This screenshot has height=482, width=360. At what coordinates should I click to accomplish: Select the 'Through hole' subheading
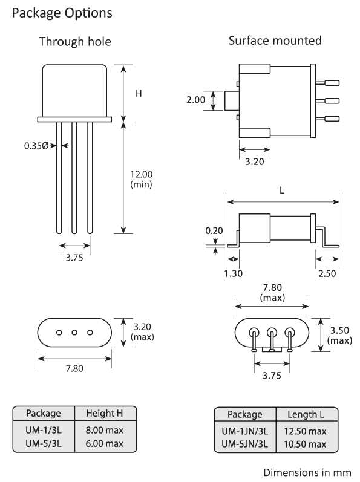[x=75, y=42]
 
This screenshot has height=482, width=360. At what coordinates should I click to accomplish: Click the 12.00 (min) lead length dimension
[x=141, y=180]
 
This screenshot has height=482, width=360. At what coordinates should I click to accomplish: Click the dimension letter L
[x=283, y=189]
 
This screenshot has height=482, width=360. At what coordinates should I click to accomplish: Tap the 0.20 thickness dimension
[x=214, y=230]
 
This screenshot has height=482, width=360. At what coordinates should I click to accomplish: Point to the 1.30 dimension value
[x=233, y=274]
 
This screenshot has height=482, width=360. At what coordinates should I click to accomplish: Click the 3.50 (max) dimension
[x=339, y=337]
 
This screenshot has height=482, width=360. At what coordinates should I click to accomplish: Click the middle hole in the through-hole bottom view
[x=75, y=332]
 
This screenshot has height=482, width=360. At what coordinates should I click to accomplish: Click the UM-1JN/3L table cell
[x=244, y=431]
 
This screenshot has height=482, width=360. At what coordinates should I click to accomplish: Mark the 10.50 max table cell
[x=305, y=443]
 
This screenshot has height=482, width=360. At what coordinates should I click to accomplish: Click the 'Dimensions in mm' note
[x=307, y=471]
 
